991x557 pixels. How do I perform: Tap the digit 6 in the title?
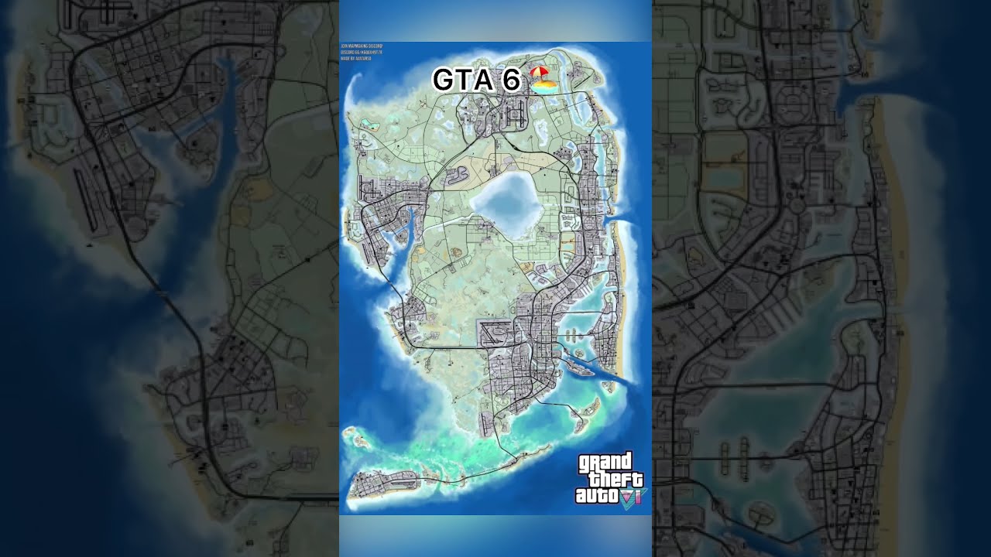point(510,80)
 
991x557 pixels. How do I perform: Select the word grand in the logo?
point(605,463)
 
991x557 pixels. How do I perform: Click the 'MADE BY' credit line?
point(356,58)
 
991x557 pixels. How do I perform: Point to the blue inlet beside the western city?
point(403,248)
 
